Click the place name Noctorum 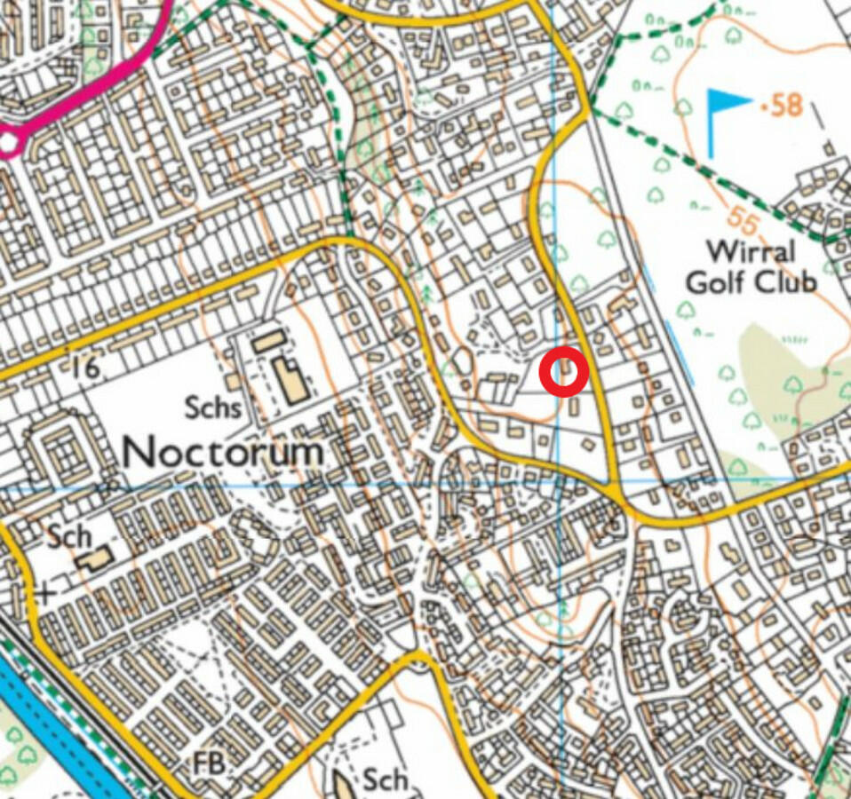222,452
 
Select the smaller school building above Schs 266,340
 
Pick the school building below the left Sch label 94,559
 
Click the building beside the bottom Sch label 345,783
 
